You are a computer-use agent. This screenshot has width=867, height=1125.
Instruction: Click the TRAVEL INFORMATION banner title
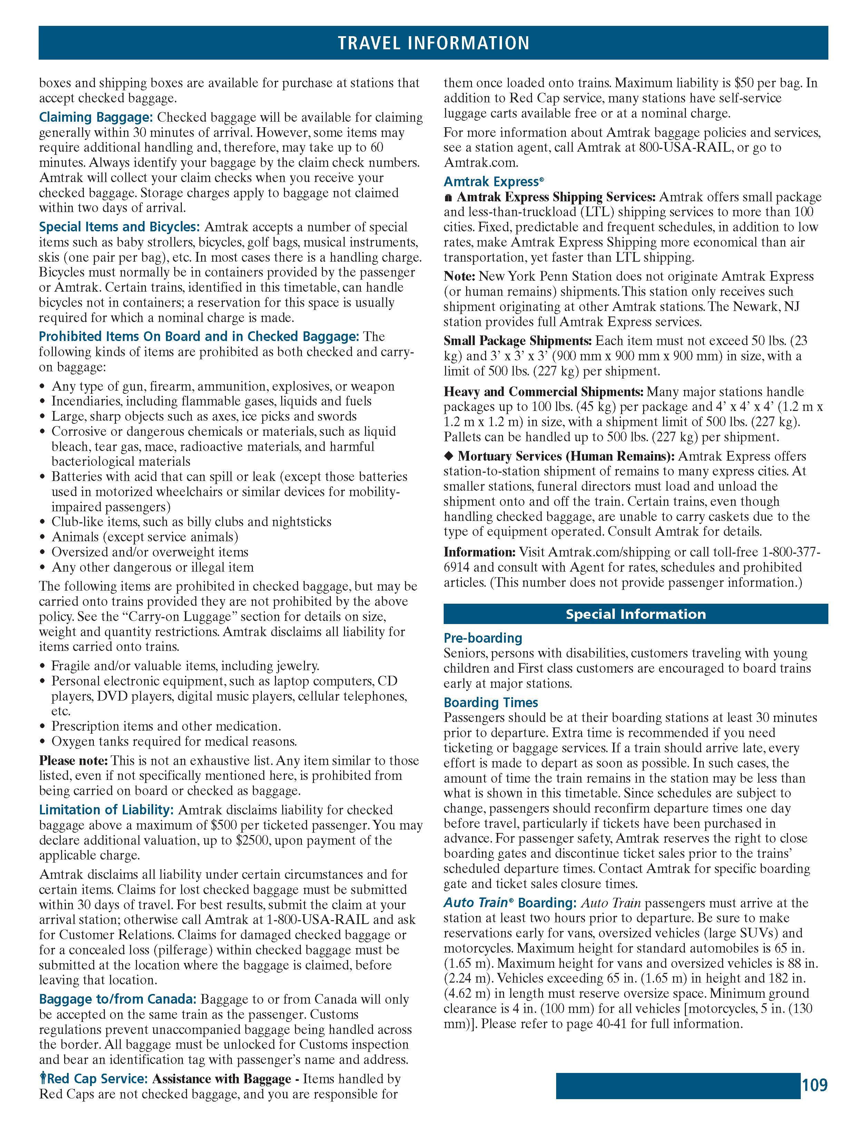[433, 43]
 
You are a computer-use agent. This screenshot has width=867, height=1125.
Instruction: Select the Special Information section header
[635, 614]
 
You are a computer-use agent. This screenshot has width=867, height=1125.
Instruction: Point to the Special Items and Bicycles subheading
[119, 227]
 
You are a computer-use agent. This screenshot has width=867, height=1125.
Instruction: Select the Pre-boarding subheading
[482, 638]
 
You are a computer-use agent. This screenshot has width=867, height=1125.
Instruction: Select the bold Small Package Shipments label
[518, 341]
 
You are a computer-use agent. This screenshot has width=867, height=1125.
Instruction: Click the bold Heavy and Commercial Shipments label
[543, 392]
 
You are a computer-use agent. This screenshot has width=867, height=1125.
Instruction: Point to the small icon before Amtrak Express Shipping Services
[449, 197]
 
